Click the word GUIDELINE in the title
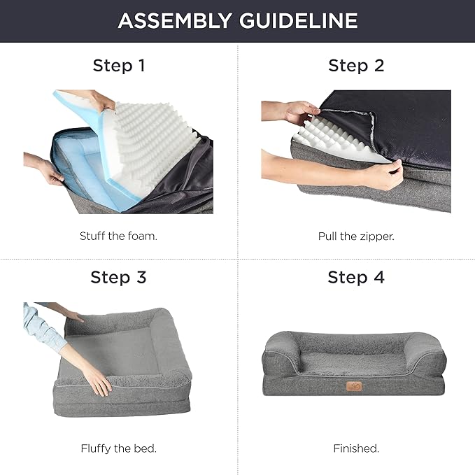[x=299, y=20]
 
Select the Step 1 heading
[x=119, y=66]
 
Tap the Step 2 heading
[x=356, y=66]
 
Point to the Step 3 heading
[x=119, y=277]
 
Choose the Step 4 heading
[x=356, y=277]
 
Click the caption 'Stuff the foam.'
[x=118, y=236]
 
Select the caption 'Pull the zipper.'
[x=356, y=236]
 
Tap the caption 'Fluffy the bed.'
[x=118, y=448]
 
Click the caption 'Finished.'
[x=356, y=448]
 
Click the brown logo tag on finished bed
[x=354, y=385]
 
